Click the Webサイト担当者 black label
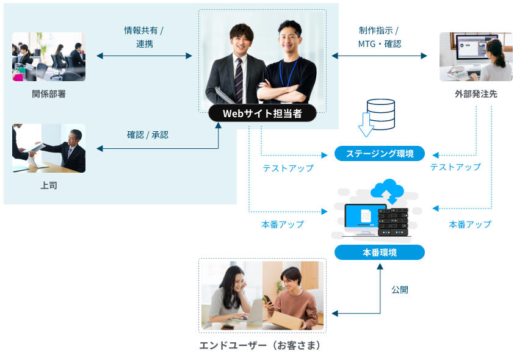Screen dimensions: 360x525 262,113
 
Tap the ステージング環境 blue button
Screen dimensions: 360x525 380,153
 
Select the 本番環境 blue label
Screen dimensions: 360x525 380,252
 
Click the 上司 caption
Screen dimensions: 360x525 49,185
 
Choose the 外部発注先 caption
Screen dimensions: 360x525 476,94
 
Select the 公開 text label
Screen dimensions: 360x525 400,289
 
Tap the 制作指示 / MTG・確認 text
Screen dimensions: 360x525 379,37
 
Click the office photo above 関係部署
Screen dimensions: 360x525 49,57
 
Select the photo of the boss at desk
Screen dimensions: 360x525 49,148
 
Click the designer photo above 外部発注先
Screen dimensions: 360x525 476,57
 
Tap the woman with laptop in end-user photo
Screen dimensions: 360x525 232,296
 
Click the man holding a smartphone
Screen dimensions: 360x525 291,296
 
